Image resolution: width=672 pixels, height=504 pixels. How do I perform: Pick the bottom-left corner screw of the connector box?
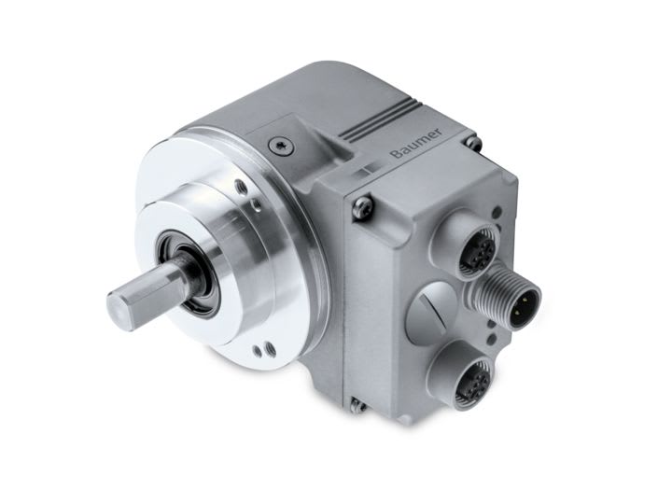(x=355, y=404)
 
